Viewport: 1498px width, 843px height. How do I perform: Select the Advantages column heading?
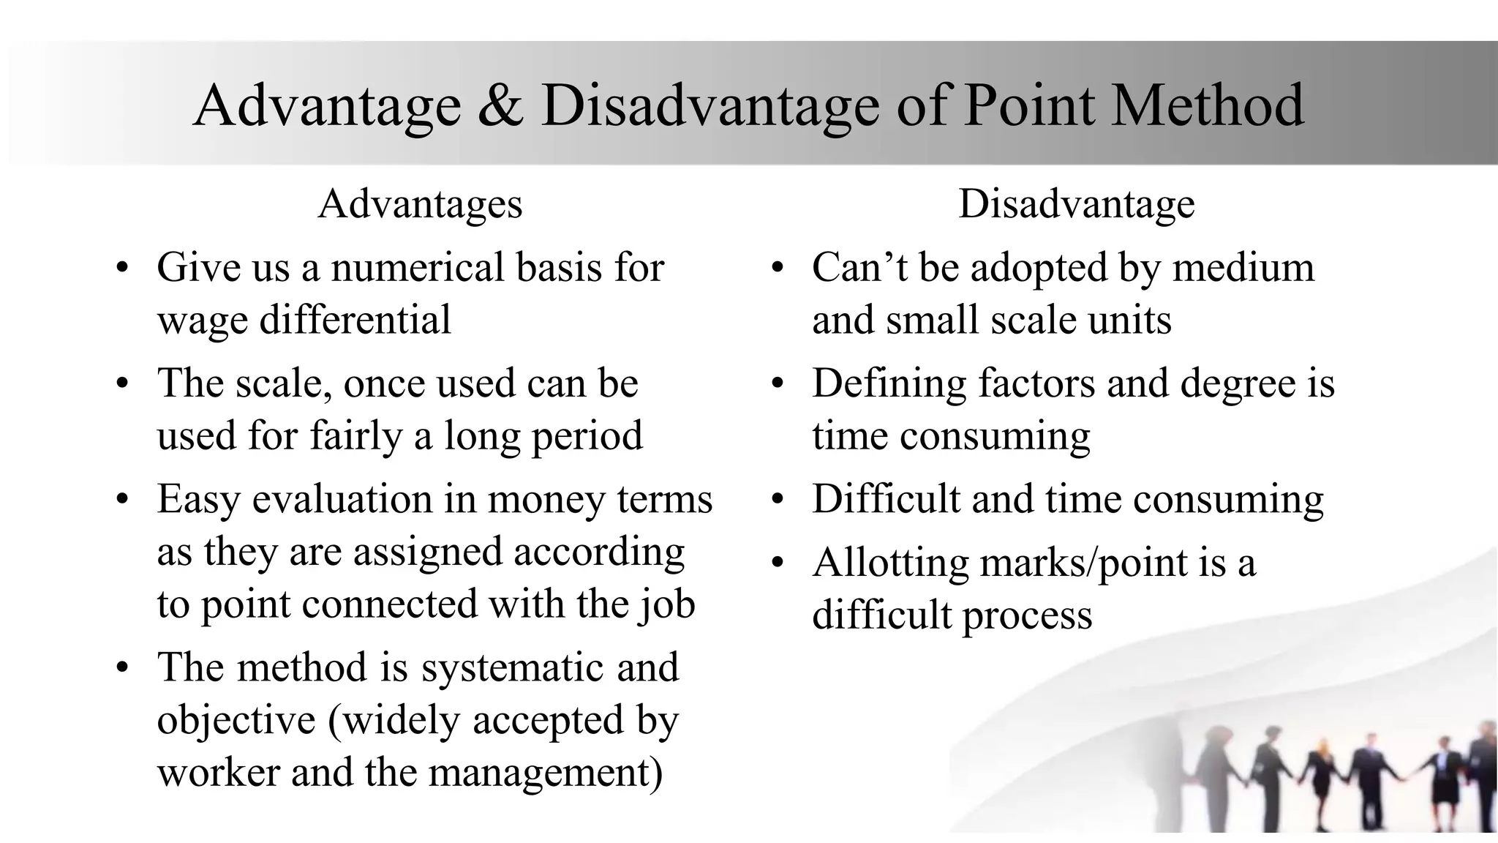[x=420, y=203]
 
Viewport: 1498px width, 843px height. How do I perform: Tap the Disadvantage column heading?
[x=1076, y=203]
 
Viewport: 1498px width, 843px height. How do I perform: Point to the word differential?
[x=355, y=320]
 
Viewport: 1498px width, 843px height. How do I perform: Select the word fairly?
[x=355, y=436]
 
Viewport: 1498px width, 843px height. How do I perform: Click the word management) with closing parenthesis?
[x=546, y=773]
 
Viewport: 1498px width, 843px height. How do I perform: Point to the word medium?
[x=1243, y=267]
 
